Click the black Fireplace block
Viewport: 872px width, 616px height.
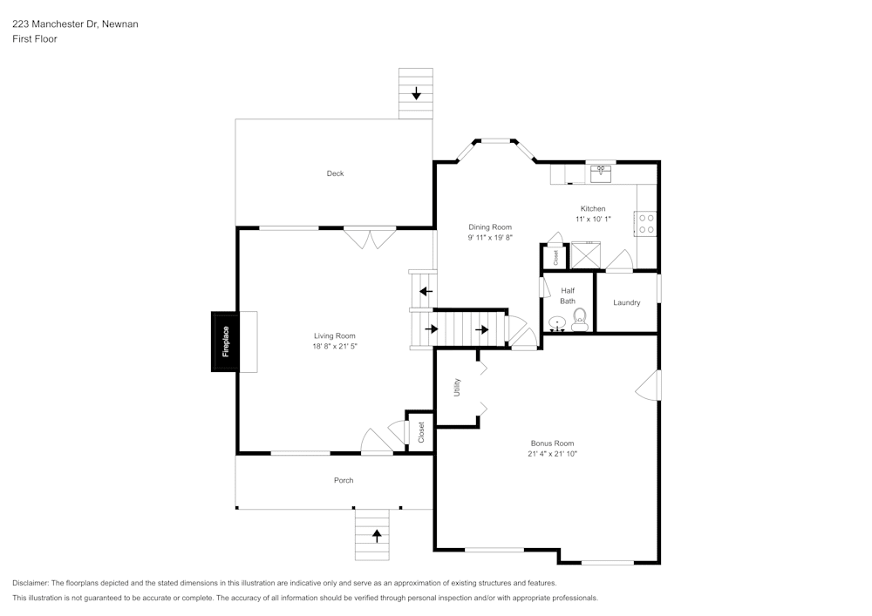click(224, 342)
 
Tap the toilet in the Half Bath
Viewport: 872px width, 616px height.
click(580, 322)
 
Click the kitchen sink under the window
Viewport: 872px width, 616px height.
click(601, 173)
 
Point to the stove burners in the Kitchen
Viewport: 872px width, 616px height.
click(647, 223)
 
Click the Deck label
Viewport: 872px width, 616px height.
click(335, 173)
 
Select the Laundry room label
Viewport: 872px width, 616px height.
click(626, 302)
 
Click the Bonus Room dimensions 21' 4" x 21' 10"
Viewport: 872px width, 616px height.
click(552, 453)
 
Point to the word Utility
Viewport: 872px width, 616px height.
click(457, 387)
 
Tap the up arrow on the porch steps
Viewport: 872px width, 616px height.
click(377, 535)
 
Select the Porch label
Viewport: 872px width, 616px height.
click(344, 480)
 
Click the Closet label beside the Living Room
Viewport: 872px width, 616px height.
click(421, 430)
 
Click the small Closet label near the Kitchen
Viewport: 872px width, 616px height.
click(555, 257)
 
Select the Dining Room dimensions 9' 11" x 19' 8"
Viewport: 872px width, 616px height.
click(489, 237)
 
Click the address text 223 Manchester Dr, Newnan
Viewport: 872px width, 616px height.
click(75, 24)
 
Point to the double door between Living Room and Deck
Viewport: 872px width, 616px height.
click(369, 236)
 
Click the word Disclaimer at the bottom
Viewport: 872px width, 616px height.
click(31, 583)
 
